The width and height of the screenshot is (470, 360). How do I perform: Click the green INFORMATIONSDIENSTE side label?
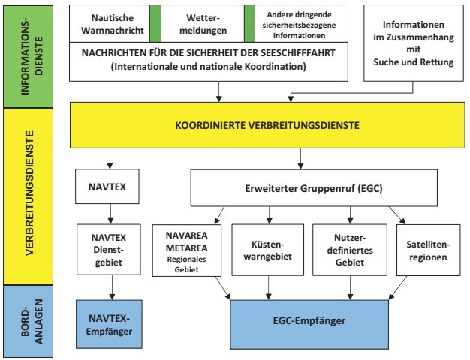[23, 53]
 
